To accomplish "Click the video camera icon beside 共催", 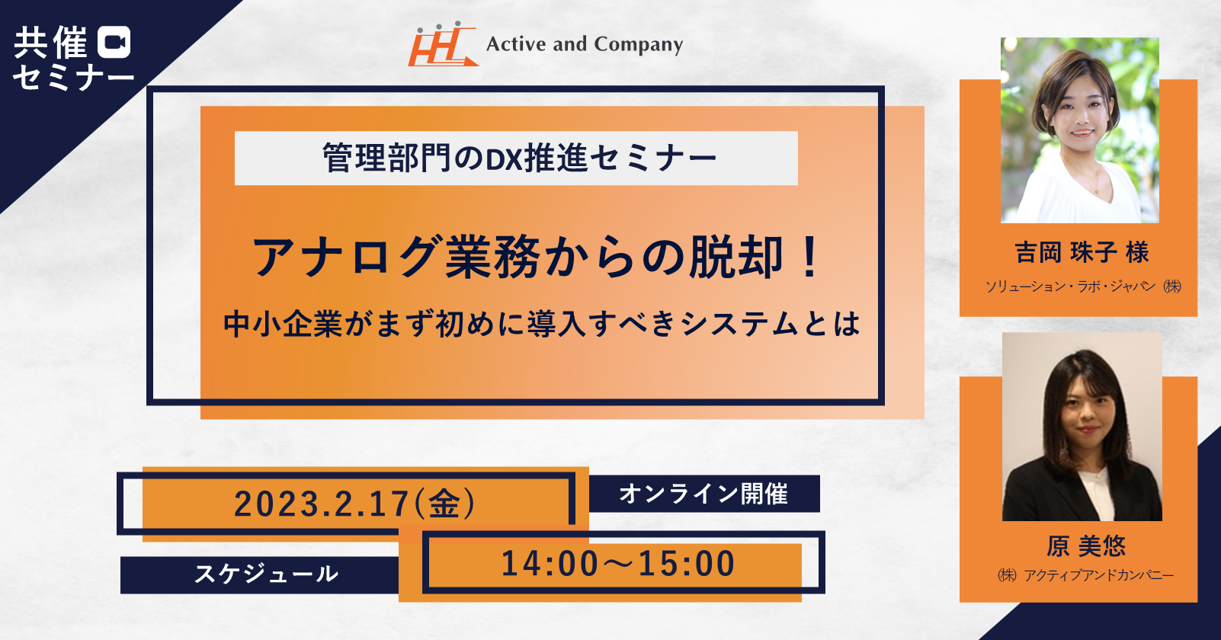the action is point(114,42).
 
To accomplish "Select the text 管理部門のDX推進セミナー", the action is point(520,158).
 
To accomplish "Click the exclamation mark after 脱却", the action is point(811,257).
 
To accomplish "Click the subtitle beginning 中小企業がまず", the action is point(541,324).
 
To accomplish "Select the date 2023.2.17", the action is point(322,504).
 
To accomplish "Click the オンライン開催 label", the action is point(703,494).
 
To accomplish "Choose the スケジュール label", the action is point(267,574).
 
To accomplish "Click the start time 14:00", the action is point(550,563).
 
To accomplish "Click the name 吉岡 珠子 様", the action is point(1082,253).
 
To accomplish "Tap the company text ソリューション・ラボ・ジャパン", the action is point(1071,286).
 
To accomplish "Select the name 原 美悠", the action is point(1086,546).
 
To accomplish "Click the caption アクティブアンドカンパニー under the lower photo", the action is point(1099,575).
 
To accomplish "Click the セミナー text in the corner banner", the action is point(73,77).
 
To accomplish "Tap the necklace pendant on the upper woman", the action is point(1098,190).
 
